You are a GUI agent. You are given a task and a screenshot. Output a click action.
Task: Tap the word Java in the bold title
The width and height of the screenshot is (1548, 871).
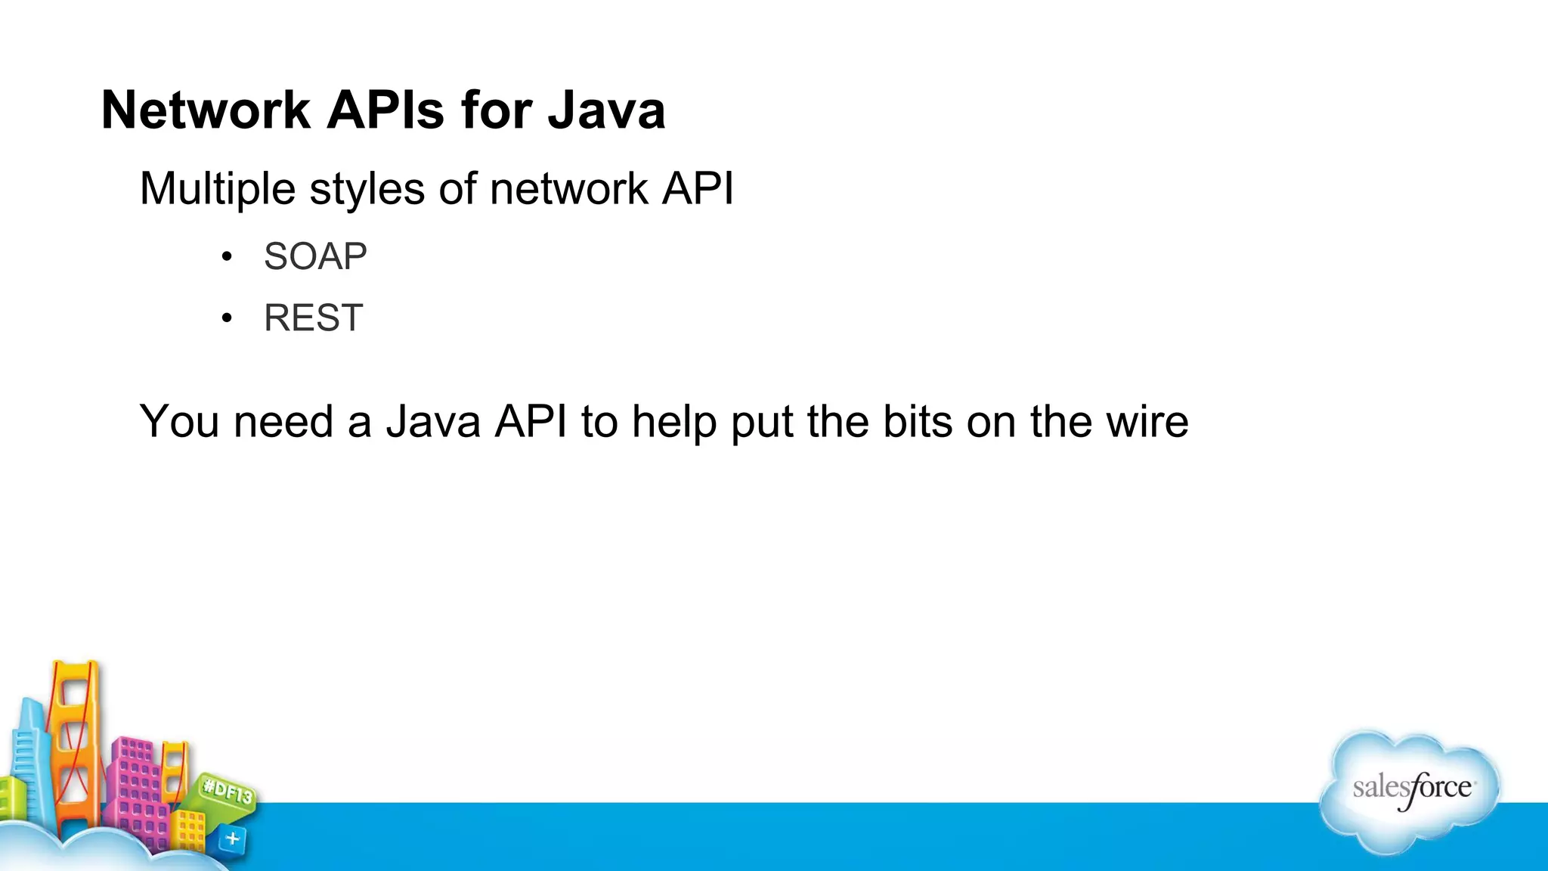(x=606, y=110)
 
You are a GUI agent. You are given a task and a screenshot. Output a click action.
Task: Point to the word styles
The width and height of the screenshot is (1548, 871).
(x=367, y=188)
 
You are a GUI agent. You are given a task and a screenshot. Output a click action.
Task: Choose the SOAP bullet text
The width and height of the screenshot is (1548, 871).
(x=315, y=256)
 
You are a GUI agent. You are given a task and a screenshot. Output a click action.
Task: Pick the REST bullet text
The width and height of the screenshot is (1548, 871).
(x=314, y=318)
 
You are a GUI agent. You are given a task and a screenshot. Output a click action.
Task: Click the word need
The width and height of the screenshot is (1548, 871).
(x=283, y=421)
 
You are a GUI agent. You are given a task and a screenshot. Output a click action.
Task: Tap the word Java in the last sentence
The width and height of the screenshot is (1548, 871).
(x=433, y=421)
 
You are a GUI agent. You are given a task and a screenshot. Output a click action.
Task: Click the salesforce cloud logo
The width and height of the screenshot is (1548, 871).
(x=1410, y=790)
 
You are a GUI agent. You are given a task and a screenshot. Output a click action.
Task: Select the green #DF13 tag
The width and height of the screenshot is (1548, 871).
(x=228, y=793)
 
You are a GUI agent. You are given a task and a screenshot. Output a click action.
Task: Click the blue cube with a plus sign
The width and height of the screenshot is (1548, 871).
(x=232, y=838)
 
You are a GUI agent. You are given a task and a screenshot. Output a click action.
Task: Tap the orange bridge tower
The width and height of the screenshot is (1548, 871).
(x=75, y=741)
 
